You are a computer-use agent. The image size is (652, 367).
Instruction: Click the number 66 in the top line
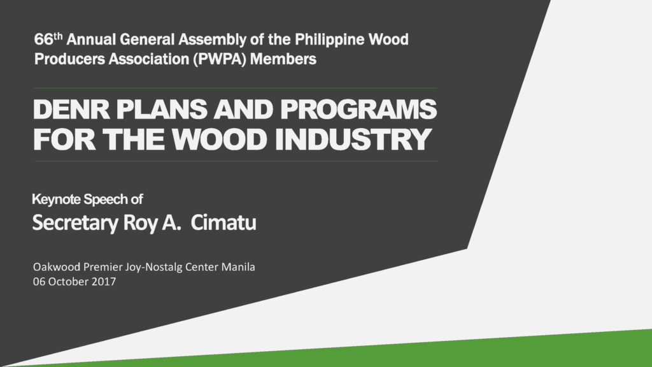pyautogui.click(x=44, y=40)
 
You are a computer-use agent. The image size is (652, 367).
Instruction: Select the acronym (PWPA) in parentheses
pyautogui.click(x=220, y=59)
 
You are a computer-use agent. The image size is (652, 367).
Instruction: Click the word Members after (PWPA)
pyautogui.click(x=283, y=59)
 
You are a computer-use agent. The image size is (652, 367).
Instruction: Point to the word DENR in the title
pyautogui.click(x=71, y=110)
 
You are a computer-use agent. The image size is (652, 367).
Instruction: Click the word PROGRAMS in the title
pyautogui.click(x=358, y=110)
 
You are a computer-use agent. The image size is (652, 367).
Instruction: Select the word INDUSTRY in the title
pyautogui.click(x=353, y=140)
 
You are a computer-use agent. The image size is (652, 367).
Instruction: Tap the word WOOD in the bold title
pyautogui.click(x=219, y=140)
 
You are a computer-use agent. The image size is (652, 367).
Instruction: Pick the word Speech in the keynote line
pyautogui.click(x=106, y=199)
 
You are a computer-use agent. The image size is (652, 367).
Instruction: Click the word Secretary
pyautogui.click(x=75, y=223)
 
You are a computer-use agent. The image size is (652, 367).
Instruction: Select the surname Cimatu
pyautogui.click(x=223, y=222)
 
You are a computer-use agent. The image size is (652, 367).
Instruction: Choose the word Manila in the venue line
pyautogui.click(x=238, y=267)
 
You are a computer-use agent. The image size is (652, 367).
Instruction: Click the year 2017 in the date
pyautogui.click(x=104, y=282)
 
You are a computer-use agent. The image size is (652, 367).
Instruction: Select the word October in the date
pyautogui.click(x=67, y=282)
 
